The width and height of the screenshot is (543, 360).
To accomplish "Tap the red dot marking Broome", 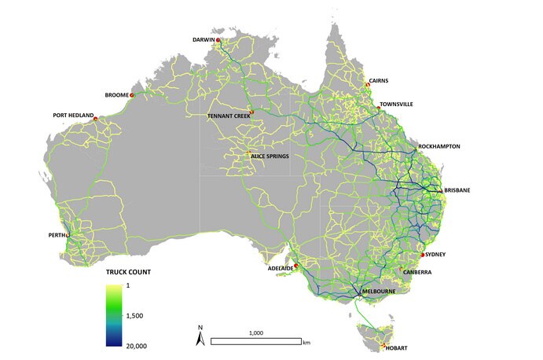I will pos(133,96).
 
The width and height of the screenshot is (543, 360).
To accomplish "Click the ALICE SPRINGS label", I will pos(270,156).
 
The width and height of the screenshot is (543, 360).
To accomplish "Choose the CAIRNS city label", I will pos(379,80).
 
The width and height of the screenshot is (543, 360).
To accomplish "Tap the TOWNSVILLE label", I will pos(396,104).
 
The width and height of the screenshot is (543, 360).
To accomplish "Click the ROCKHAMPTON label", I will pos(439,146).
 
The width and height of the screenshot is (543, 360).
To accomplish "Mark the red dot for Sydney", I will pos(423,255).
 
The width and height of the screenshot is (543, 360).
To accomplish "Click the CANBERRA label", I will pos(417,273).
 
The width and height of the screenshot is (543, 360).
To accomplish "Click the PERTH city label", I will pos(57,234).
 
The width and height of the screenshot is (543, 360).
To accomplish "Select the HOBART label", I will pos(398,347).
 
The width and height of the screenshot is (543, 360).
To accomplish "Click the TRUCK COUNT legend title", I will pos(128,272).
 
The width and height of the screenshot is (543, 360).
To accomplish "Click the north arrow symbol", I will pos(200,339).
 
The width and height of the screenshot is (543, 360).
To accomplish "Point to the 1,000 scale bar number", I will pos(255,332).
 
